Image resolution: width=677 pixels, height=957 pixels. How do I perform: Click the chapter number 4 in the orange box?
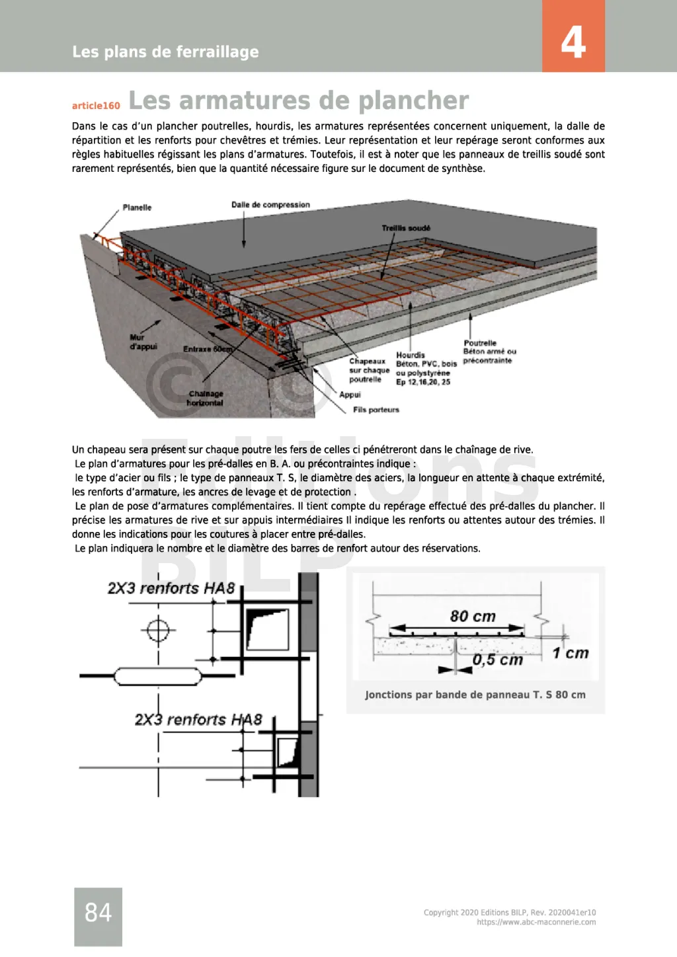(x=573, y=42)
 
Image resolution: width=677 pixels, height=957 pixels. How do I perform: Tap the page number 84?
(x=98, y=913)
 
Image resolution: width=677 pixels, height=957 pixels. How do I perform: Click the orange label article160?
(x=96, y=106)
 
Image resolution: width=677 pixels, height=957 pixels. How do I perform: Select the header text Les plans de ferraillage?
(x=165, y=52)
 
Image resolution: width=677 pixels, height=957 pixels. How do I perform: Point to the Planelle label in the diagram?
(x=137, y=208)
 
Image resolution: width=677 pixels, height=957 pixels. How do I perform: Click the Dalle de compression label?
(x=270, y=205)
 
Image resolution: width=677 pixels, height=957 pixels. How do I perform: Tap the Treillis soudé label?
(x=406, y=228)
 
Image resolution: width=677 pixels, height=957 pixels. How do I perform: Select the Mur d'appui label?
(x=143, y=342)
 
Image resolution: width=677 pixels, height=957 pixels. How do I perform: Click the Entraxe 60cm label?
(x=208, y=349)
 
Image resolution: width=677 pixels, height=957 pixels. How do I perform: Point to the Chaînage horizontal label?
(x=205, y=398)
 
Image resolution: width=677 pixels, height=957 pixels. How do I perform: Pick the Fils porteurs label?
(x=376, y=410)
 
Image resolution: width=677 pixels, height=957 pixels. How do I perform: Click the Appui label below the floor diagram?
(x=350, y=395)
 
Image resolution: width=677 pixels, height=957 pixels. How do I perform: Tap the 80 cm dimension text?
(x=473, y=617)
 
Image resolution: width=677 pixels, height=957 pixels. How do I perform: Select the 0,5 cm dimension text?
(x=497, y=660)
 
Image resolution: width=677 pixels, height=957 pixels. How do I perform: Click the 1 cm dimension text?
(x=570, y=653)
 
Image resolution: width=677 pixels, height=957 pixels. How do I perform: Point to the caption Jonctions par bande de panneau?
(x=475, y=695)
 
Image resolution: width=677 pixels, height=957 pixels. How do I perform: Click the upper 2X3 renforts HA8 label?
(x=171, y=588)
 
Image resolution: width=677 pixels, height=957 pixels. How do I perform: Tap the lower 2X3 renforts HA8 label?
(x=198, y=719)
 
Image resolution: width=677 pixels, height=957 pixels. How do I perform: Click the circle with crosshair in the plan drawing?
(x=158, y=629)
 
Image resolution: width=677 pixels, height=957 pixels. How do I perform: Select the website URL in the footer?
(x=536, y=922)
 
